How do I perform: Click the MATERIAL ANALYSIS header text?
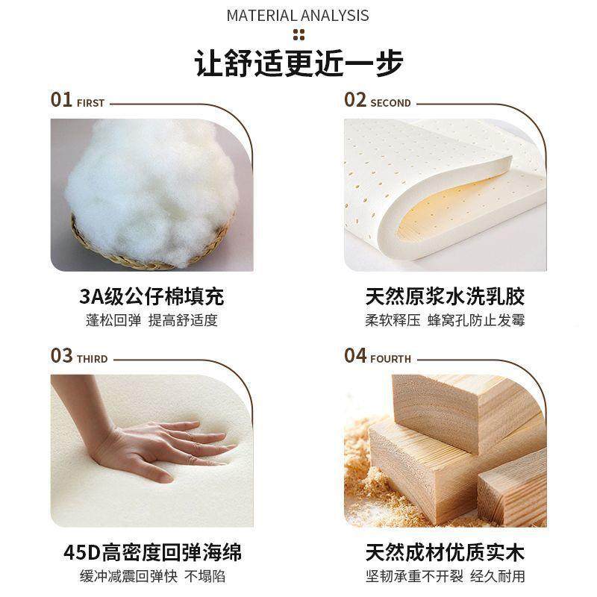(x=298, y=15)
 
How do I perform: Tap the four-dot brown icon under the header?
(x=298, y=34)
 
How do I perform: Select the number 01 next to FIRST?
(x=61, y=100)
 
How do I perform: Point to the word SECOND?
(x=390, y=103)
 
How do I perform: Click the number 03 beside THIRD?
(x=61, y=356)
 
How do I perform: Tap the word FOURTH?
(x=390, y=359)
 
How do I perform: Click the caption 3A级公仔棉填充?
(x=151, y=296)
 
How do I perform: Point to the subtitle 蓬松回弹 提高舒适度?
(x=151, y=321)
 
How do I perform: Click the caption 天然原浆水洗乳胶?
(x=446, y=296)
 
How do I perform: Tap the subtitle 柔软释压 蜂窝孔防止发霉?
(x=446, y=321)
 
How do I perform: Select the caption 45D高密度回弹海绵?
(x=151, y=552)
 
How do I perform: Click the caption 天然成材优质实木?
(x=446, y=552)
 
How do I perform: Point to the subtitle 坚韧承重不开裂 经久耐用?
(x=446, y=577)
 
